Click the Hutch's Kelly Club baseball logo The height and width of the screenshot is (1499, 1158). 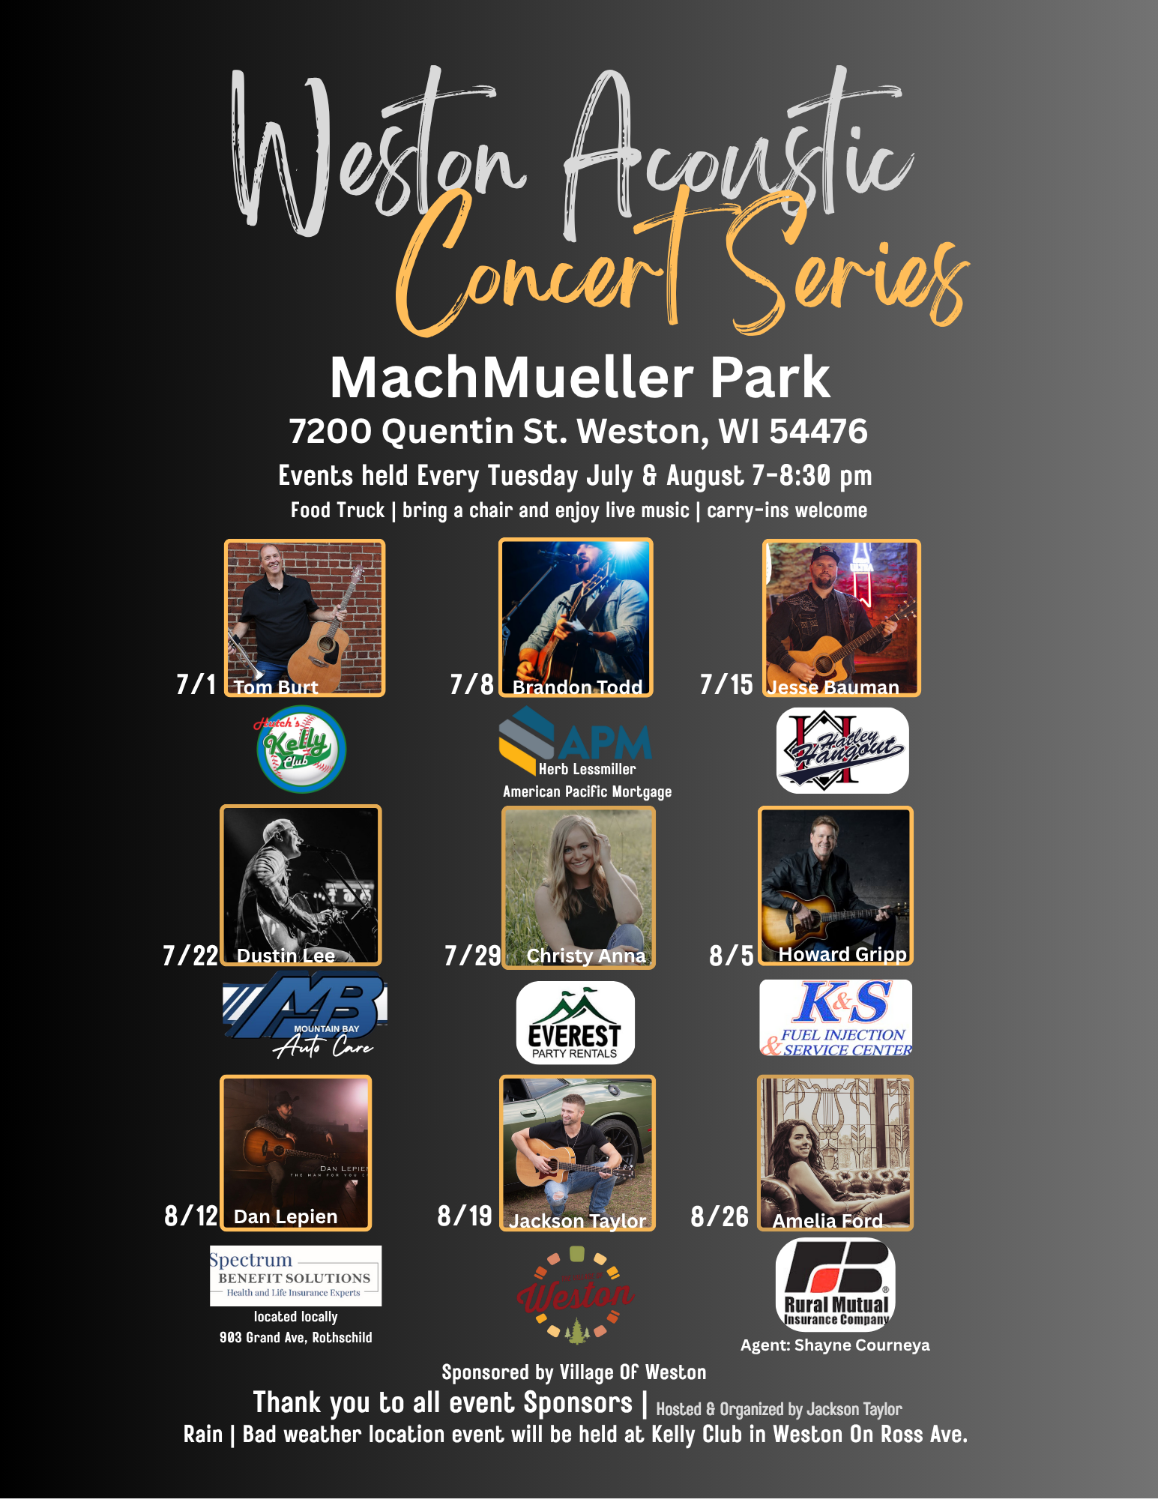[301, 749]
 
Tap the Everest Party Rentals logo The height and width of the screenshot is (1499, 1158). [575, 1022]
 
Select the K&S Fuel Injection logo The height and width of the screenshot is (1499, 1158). [836, 1018]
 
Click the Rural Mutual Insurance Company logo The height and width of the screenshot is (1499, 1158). [835, 1284]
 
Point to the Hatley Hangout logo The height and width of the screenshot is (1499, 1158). [842, 750]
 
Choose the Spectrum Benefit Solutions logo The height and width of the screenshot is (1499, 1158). [295, 1275]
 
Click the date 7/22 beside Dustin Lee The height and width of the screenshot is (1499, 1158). [190, 956]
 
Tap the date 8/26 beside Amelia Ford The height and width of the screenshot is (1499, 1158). [720, 1216]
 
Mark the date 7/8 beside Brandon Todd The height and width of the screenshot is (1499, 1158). [471, 684]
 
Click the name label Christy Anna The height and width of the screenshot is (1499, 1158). [585, 956]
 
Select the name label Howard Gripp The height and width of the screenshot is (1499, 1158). [842, 954]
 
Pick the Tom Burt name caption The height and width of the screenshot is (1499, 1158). [276, 687]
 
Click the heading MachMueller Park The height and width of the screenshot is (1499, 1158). [579, 377]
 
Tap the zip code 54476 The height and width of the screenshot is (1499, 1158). [818, 431]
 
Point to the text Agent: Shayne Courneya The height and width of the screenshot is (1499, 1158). [835, 1345]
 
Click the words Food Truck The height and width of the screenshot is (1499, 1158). [337, 510]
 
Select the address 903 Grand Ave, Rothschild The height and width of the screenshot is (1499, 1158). [295, 1337]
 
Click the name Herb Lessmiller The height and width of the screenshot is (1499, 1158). [587, 769]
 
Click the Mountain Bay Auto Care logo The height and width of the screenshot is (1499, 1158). [304, 1013]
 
